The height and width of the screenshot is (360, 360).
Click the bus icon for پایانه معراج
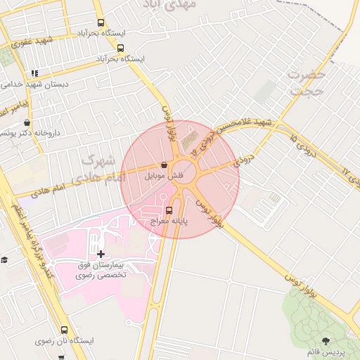tap(169, 210)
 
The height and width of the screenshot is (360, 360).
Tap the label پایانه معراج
tap(167, 221)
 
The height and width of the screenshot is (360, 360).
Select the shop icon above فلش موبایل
tap(163, 165)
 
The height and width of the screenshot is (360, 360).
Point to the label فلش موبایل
tap(163, 176)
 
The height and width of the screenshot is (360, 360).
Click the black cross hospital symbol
tap(101, 254)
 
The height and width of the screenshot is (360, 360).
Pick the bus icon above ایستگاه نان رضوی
tap(65, 330)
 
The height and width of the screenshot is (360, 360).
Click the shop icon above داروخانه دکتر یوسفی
tap(27, 123)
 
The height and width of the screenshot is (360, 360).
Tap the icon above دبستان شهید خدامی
tap(34, 73)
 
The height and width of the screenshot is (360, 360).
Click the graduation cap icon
tap(4, 259)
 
